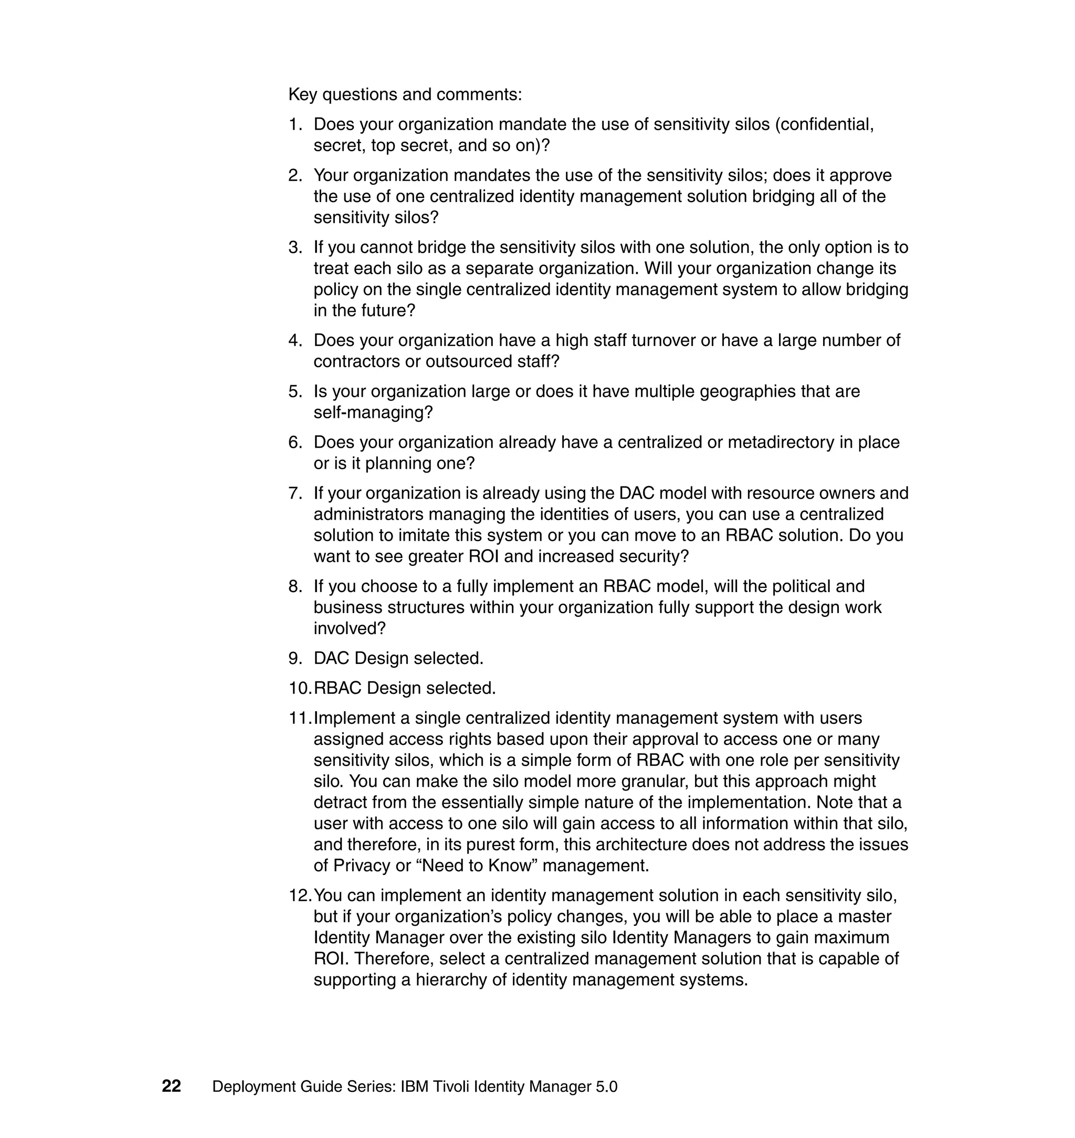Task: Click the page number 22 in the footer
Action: pyautogui.click(x=171, y=1086)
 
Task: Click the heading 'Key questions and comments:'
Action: pyautogui.click(x=405, y=94)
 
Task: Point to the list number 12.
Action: pyautogui.click(x=300, y=895)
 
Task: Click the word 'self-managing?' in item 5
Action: pyautogui.click(x=373, y=413)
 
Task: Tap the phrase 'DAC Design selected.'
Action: pyautogui.click(x=398, y=658)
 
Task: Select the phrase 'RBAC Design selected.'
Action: pyautogui.click(x=405, y=688)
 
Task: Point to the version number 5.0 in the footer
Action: pyautogui.click(x=606, y=1087)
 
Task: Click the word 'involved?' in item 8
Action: pyautogui.click(x=350, y=629)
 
